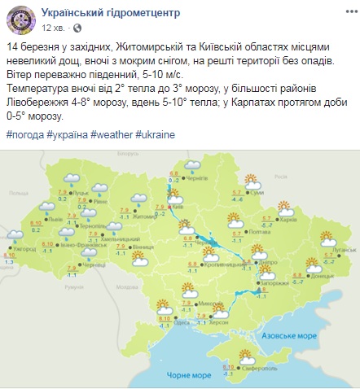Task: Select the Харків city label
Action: tap(286, 219)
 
